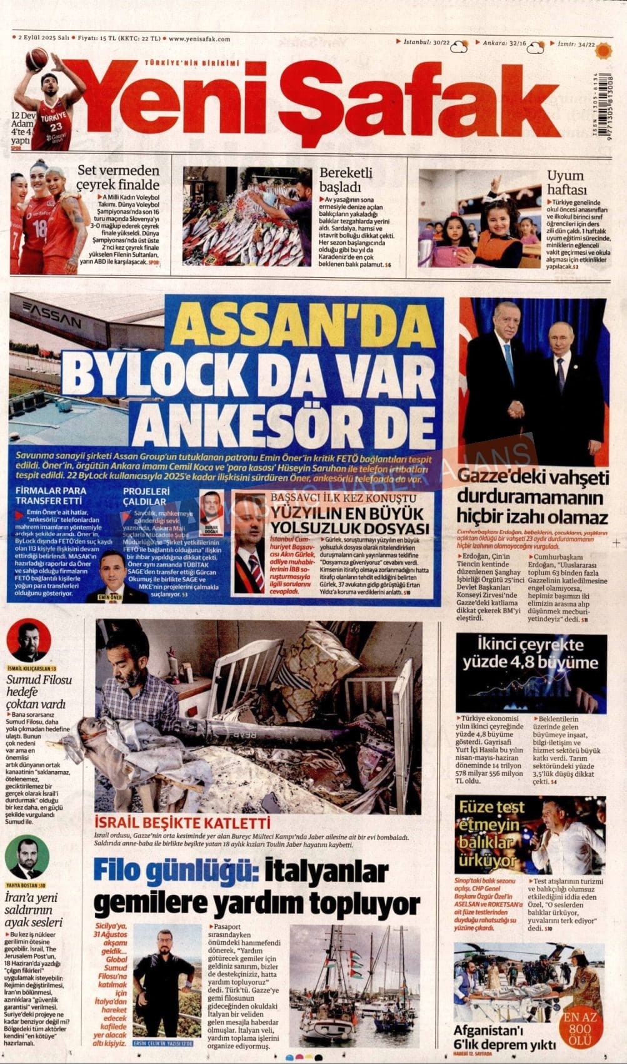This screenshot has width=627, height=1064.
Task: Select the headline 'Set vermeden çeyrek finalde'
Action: tap(118, 178)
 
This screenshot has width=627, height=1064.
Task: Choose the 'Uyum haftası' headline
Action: tap(566, 182)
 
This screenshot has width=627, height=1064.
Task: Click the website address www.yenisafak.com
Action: tap(199, 39)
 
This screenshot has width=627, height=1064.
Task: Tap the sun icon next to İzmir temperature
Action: tap(604, 46)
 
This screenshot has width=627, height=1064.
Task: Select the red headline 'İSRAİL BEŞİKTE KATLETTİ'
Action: tap(182, 823)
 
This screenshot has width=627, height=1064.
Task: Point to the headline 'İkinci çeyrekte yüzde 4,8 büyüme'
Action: tap(531, 653)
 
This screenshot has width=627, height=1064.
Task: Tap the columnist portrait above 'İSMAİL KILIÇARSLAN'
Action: tap(29, 640)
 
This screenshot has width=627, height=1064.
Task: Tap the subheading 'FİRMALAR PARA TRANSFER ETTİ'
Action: tap(51, 496)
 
